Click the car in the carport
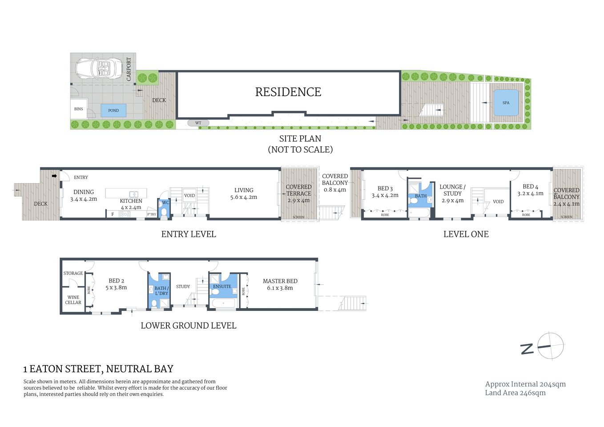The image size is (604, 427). point(98,68)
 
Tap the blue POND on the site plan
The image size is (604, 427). point(113,110)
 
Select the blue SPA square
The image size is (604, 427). point(506,103)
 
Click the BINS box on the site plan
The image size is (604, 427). point(79,109)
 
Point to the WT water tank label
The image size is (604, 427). point(198,123)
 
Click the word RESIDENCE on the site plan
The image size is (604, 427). point(288,92)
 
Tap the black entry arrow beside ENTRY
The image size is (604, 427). point(54,176)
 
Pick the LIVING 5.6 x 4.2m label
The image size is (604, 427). point(244,193)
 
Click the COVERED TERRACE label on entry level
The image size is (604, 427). point(298,190)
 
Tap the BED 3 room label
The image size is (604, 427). point(385,192)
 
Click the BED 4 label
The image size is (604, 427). point(530,190)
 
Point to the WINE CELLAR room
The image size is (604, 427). point(73,300)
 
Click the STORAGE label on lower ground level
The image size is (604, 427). point(73,273)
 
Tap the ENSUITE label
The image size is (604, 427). point(222,286)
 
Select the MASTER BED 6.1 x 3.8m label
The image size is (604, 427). point(280,284)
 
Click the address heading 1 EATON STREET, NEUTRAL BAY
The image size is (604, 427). point(98,369)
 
